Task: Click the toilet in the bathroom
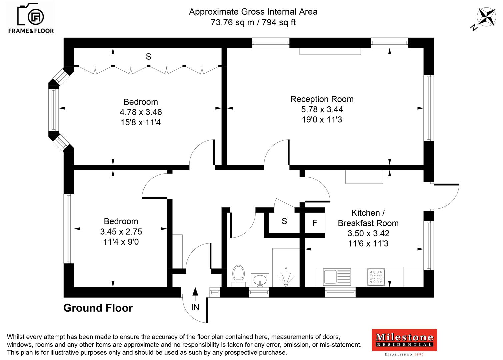[238, 275]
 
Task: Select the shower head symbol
[286, 277]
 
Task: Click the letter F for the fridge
[315, 223]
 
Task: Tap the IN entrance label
[195, 307]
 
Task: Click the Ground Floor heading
[98, 308]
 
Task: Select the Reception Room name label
[322, 99]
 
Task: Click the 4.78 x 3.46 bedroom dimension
[141, 112]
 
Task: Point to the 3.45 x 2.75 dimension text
[121, 232]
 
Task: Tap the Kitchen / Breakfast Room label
[368, 218]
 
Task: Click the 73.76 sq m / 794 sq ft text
[253, 22]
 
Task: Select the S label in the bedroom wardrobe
[148, 57]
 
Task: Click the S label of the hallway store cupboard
[284, 221]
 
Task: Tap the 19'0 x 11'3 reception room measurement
[322, 120]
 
